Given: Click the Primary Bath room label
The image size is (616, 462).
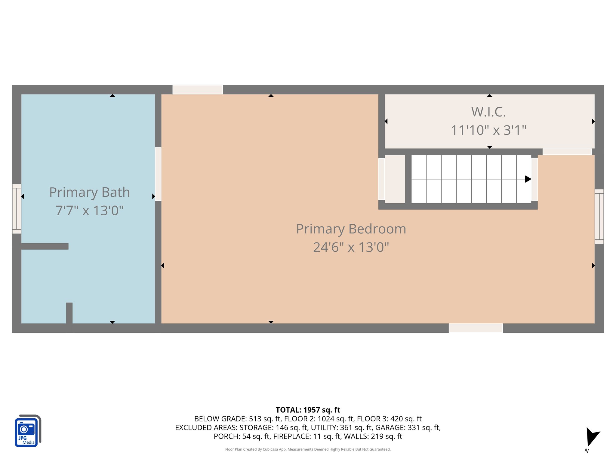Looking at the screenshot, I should pos(89,192).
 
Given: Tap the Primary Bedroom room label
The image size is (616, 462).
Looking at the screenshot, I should pos(351,229).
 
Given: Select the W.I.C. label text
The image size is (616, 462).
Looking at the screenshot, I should pos(488,112).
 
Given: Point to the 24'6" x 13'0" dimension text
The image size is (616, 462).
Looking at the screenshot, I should pos(351,248).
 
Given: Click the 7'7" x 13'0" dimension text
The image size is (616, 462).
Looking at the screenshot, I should pos(89,211).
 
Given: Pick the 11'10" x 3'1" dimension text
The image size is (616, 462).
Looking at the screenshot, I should pos(488,131).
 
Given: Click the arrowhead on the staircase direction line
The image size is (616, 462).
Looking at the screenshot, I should pos(528,179).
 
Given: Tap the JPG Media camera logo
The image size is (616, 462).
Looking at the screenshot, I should pos(28,431).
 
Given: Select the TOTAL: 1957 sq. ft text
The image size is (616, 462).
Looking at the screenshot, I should pos(308,410).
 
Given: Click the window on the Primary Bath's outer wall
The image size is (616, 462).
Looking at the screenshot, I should pos(17,209).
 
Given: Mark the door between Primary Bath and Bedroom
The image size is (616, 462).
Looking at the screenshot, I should pos(158,174).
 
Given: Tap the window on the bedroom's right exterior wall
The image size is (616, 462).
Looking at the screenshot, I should pos(599,216).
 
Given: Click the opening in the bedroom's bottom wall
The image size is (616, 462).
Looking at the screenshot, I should pos(476,328).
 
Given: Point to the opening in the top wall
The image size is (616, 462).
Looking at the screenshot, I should pos(198,90).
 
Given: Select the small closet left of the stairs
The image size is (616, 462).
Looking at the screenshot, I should pos(395,179).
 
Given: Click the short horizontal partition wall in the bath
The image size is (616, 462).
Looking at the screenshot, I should pos(45,246).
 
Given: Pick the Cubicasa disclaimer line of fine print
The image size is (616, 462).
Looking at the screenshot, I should pos(308,449).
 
